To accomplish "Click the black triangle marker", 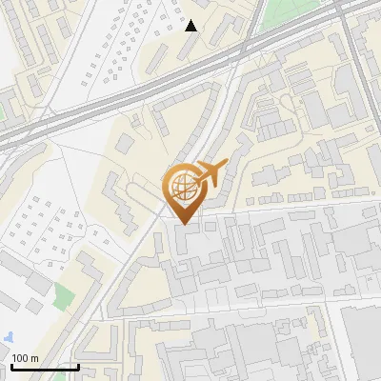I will [191, 26].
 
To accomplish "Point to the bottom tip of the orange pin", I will [183, 224].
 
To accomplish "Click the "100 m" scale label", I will [26, 358].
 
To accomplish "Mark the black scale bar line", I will [45, 367].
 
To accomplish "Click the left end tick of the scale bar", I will [11, 365].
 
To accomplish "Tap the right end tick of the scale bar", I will [78, 365].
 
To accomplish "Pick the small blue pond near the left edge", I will [9, 337].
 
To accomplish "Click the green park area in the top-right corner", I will [286, 11].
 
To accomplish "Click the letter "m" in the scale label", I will [35, 358].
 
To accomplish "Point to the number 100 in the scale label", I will [21, 358].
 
